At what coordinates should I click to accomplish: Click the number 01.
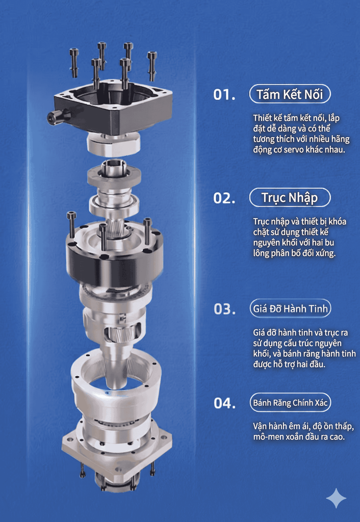[224, 95]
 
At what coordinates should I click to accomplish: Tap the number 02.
[224, 198]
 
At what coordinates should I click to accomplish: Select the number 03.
[224, 309]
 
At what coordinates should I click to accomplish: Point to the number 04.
[224, 403]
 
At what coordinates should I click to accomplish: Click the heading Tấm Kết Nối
[290, 94]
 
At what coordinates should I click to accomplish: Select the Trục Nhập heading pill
[290, 198]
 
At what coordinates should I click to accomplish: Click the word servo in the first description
[294, 150]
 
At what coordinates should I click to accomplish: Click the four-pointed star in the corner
[336, 498]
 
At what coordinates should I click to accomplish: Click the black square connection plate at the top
[113, 105]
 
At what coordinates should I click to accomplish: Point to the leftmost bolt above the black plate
[74, 62]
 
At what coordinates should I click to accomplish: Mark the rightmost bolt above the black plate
[152, 66]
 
